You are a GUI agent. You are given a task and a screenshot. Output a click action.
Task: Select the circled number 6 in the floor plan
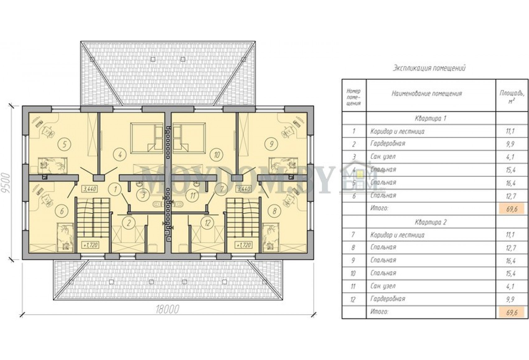tap(62, 211)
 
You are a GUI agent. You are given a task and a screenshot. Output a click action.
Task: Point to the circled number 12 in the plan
tap(208, 223)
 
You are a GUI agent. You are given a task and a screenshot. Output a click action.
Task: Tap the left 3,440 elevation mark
tap(90, 189)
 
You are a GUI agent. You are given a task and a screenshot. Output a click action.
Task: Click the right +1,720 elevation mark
tap(243, 245)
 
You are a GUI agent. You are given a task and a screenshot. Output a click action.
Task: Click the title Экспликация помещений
tap(429, 68)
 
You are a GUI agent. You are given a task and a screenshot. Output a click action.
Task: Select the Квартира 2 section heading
tap(431, 222)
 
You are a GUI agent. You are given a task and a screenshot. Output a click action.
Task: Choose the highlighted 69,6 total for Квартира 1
tap(512, 209)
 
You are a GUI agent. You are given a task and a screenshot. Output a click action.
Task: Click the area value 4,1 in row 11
tap(512, 286)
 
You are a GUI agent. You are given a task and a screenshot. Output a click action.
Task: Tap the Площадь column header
tap(512, 97)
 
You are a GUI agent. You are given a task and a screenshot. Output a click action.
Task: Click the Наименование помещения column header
tap(427, 94)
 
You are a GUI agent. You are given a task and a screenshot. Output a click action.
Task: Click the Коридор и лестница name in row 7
tap(397, 235)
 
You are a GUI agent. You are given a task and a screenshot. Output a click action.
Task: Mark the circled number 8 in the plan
tap(274, 211)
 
